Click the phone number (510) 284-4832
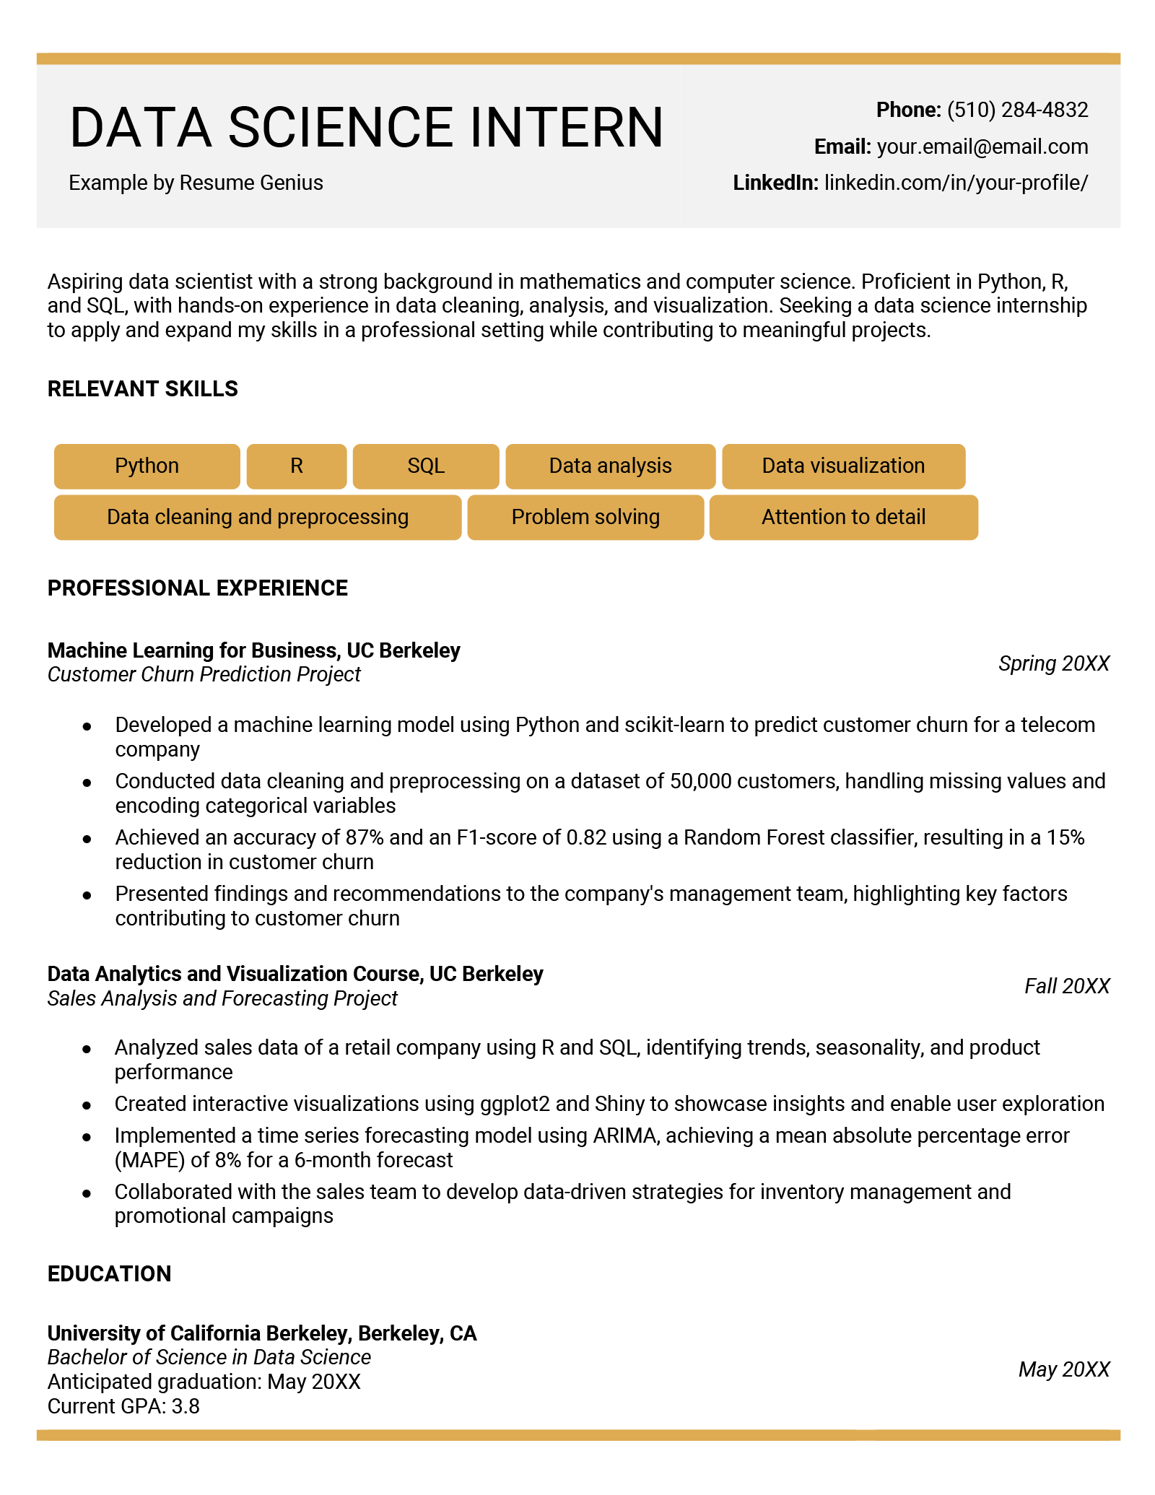coord(1016,110)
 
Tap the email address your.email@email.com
coord(982,147)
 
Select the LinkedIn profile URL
coord(955,183)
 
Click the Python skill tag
coord(147,466)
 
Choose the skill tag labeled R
coord(296,466)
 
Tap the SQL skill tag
coord(425,466)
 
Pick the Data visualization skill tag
coord(842,466)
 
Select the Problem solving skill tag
coord(585,517)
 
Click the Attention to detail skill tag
coord(842,517)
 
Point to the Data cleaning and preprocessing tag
coord(257,517)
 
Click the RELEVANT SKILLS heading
coord(142,389)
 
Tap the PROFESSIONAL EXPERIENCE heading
coord(197,588)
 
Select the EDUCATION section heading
coord(109,1273)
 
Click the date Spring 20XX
coord(1053,663)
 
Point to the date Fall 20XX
coord(1066,986)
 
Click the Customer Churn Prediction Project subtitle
coord(204,674)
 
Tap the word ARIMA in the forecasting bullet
coord(624,1136)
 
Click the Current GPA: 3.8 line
coord(123,1406)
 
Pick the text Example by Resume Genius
coord(196,183)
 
